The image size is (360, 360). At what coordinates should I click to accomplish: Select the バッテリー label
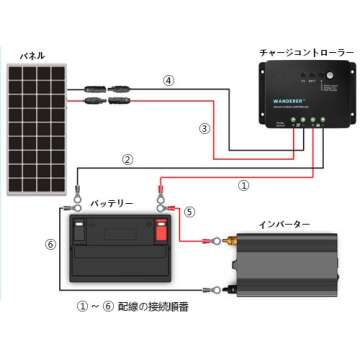coord(112,202)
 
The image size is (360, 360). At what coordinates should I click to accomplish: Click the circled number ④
coord(170,80)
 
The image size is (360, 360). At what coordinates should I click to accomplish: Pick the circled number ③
coord(204,128)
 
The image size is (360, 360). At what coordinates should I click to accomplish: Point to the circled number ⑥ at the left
coord(50,243)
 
